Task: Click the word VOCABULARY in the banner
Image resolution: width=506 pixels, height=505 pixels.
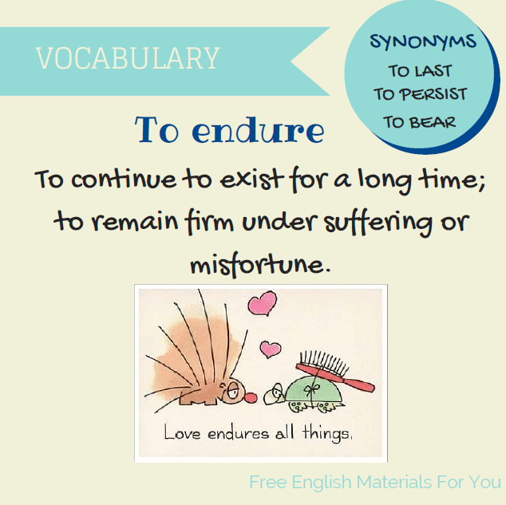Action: [x=128, y=58]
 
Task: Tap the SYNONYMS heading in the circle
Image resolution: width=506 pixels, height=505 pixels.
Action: [x=423, y=41]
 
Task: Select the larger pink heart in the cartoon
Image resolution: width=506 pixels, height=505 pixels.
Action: [x=262, y=304]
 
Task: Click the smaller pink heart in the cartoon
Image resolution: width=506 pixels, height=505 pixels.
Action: [x=271, y=349]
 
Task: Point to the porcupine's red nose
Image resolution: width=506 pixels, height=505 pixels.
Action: [x=249, y=397]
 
